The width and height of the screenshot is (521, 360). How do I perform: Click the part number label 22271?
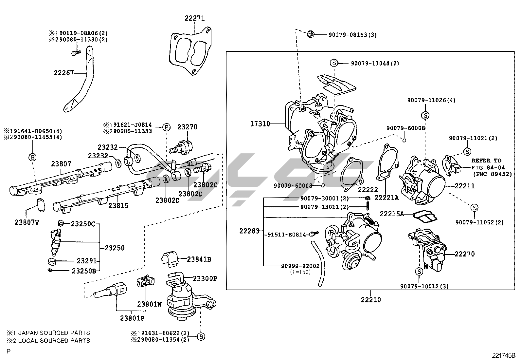pyautogui.click(x=194, y=18)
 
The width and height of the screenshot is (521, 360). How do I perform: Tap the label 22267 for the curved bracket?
pyautogui.click(x=64, y=73)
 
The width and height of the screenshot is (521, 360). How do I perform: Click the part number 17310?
pyautogui.click(x=260, y=124)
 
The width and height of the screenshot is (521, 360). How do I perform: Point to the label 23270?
pyautogui.click(x=187, y=127)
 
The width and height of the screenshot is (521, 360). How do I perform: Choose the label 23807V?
pyautogui.click(x=27, y=222)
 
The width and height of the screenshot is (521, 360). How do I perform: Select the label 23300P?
pyautogui.click(x=205, y=279)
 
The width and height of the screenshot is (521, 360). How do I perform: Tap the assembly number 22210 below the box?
pyautogui.click(x=371, y=300)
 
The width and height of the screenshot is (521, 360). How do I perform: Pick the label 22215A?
pyautogui.click(x=392, y=214)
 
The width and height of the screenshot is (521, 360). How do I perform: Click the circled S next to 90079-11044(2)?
pyautogui.click(x=333, y=63)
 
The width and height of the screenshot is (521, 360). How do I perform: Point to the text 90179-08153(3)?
pyautogui.click(x=352, y=34)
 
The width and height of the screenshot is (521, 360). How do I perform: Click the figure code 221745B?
pyautogui.click(x=503, y=355)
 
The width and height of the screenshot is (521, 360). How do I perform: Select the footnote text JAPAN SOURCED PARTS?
pyautogui.click(x=54, y=333)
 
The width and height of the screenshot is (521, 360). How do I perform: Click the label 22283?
pyautogui.click(x=249, y=231)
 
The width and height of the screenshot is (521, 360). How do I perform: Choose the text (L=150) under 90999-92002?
pyautogui.click(x=300, y=272)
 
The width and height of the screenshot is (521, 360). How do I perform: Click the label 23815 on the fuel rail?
pyautogui.click(x=118, y=206)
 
